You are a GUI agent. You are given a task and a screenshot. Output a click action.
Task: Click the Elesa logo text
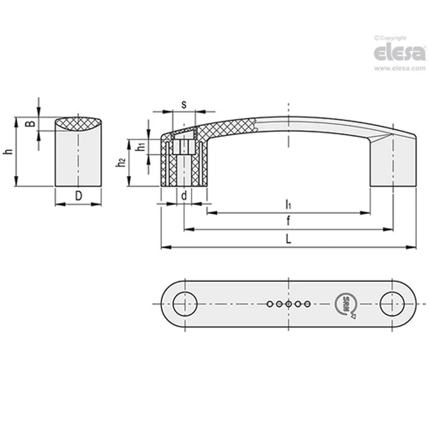399,53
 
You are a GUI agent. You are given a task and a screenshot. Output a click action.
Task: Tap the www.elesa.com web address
399,69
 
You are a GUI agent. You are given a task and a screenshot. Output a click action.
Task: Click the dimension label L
288,240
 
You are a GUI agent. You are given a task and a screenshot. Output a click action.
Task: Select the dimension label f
288,222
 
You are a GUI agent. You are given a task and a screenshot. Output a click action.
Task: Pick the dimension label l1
288,204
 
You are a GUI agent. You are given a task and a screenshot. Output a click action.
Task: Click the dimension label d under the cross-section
184,196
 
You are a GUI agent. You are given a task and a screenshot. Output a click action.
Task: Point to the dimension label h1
141,147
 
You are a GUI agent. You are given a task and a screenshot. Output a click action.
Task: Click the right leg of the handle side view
393,163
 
